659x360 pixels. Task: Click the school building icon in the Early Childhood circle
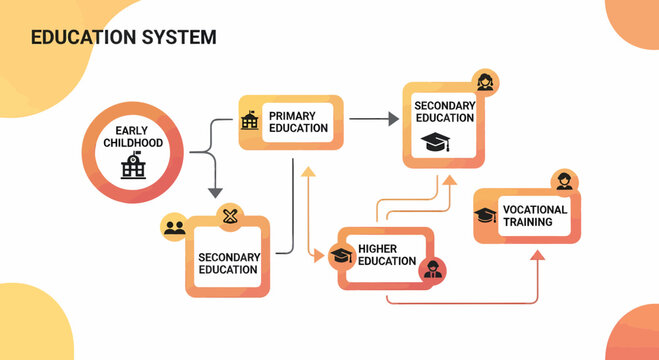point(133,166)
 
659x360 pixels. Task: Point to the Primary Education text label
point(298,122)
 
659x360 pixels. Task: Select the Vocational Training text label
point(535,215)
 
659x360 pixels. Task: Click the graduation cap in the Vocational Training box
point(485,215)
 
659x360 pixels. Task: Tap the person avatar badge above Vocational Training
point(565,182)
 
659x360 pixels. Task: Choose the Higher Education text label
point(386,255)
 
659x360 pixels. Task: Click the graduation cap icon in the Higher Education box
point(342,256)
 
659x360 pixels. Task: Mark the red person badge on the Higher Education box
point(433,269)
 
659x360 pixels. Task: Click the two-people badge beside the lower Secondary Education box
point(175,227)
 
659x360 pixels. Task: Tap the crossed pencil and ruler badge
point(232,215)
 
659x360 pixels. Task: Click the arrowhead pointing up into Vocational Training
point(538,255)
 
